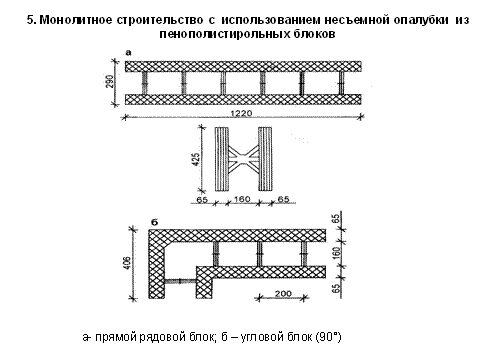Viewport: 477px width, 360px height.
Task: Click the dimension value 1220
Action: pos(242,113)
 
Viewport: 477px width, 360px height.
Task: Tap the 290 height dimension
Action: pos(110,81)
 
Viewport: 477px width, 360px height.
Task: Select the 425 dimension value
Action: pos(196,159)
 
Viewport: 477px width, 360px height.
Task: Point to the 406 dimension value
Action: pos(127,263)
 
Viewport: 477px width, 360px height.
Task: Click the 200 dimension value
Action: pos(283,294)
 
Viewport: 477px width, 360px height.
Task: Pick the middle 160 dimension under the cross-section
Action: pos(242,199)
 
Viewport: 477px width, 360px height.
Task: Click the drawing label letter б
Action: pos(155,222)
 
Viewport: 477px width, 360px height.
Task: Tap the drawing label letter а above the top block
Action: pos(129,53)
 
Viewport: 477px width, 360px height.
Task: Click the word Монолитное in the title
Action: pos(76,20)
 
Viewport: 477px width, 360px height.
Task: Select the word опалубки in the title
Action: pos(421,20)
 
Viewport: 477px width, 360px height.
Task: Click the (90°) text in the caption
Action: pos(328,337)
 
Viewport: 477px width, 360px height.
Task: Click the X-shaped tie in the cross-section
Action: pos(244,159)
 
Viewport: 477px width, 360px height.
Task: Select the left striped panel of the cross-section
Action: pos(222,159)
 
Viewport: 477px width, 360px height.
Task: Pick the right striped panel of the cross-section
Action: pos(265,159)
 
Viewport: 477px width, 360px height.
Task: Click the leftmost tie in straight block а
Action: pos(145,83)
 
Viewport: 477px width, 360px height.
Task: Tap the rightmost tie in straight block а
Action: pos(341,83)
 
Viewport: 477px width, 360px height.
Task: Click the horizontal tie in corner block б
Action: pos(180,281)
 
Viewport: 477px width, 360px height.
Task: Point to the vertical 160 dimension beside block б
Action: pos(337,253)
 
